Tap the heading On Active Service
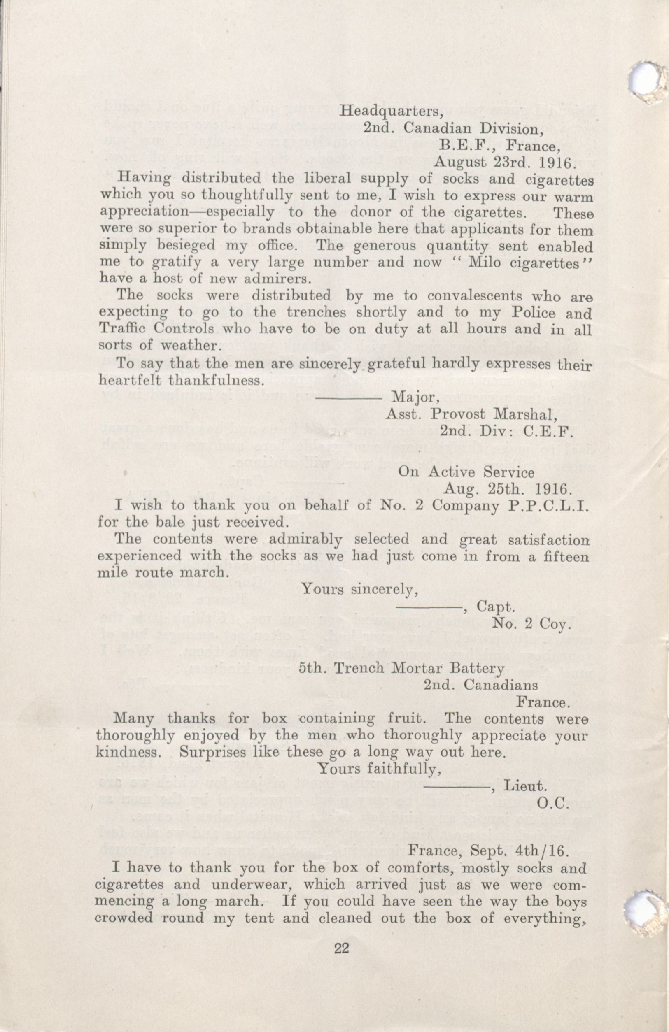click(466, 472)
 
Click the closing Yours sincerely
click(360, 589)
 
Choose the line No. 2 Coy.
click(530, 623)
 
